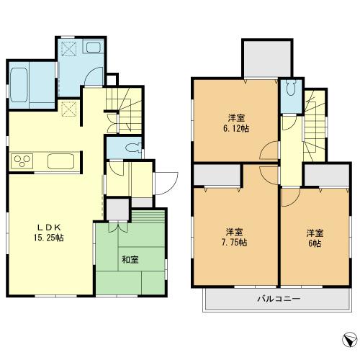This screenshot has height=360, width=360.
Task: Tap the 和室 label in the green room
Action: pos(130,258)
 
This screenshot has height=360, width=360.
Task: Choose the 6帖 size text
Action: pos(314,243)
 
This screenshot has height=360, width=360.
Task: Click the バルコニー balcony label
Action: pos(278,298)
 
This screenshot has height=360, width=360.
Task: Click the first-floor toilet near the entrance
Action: pos(132,148)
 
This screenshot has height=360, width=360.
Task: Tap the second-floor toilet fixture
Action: pos(289,90)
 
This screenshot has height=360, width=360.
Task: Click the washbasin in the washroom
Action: pos(96,48)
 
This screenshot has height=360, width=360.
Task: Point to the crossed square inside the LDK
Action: pos(71,109)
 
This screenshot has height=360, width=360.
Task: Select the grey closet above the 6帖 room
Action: pos(321,174)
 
